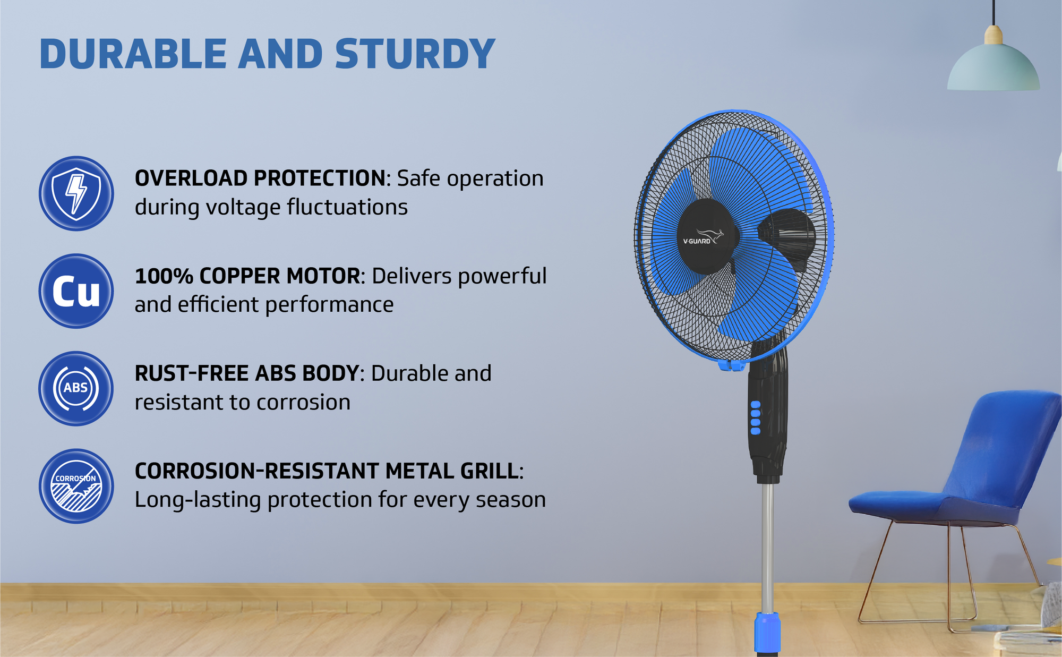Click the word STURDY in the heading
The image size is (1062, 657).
pos(415,54)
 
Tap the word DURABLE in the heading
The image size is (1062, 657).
pos(133,54)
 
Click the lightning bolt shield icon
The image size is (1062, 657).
pos(76,193)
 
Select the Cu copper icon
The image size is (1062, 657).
pos(76,291)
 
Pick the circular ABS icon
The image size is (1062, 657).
pos(76,388)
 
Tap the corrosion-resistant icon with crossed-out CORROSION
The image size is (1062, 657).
pos(76,486)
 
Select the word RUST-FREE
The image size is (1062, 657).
pos(192,373)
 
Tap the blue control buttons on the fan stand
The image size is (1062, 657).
pos(755,418)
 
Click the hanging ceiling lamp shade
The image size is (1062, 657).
pos(994,66)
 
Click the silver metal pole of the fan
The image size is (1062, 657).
pos(767,547)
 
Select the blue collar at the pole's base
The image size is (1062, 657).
pos(767,632)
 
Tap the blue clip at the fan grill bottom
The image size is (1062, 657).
pos(731,365)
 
